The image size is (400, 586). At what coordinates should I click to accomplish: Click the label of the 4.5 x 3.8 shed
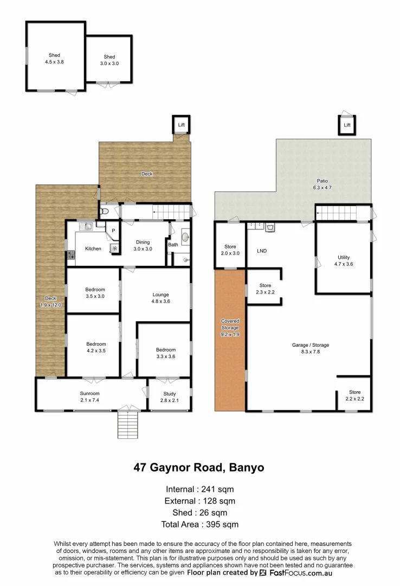click(54, 59)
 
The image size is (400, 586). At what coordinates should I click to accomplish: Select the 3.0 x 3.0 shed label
click(109, 60)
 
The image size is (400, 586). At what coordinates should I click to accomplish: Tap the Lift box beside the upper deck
click(180, 125)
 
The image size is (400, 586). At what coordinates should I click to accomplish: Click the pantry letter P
click(113, 231)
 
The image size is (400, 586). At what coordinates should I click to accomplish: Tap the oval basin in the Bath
click(185, 237)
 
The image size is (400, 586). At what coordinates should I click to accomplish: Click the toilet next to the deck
click(106, 211)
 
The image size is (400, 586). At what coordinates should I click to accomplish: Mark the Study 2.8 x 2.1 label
click(169, 396)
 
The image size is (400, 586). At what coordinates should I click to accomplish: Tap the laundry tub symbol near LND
click(269, 228)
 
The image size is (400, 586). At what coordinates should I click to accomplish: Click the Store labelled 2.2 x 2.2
click(354, 395)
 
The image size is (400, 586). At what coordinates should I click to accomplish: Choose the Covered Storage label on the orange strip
click(230, 328)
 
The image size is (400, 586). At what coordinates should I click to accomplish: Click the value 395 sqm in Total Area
click(223, 524)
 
